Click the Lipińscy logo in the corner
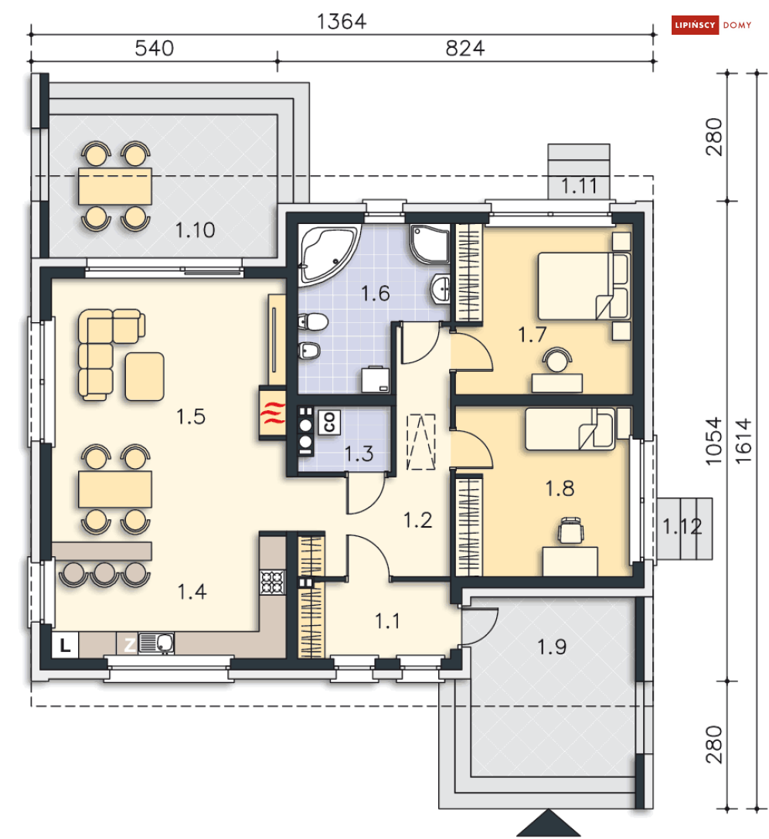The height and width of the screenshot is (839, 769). [712, 25]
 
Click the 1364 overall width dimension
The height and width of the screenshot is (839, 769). [342, 22]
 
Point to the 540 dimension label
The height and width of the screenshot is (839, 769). [154, 48]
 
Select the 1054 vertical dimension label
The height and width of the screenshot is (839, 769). [713, 441]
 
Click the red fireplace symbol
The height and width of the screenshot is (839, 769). [272, 413]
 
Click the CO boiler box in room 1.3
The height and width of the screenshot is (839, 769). [328, 422]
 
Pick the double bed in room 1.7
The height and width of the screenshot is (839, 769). [584, 287]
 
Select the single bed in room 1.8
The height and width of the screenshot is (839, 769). [570, 429]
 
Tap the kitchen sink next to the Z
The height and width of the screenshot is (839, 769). [155, 643]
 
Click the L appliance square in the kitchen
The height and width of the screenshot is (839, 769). [65, 645]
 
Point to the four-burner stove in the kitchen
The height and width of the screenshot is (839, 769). [272, 583]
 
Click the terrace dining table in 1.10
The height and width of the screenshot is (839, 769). [115, 186]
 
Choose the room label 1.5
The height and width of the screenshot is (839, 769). [191, 416]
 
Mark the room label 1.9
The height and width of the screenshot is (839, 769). [552, 647]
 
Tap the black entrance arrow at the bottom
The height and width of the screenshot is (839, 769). [549, 824]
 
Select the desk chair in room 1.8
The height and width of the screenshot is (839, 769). [570, 530]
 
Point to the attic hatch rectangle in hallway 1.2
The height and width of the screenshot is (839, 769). [421, 442]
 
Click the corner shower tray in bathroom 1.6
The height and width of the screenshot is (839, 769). [429, 243]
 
